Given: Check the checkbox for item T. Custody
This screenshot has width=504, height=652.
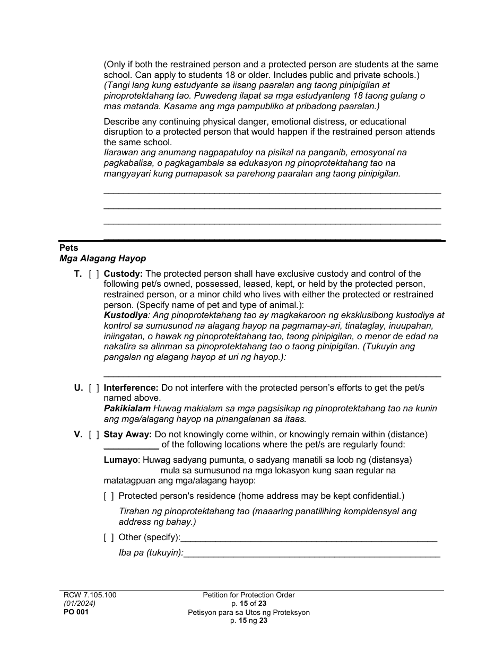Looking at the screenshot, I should click(x=94, y=274).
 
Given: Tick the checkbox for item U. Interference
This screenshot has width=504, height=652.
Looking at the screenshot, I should click(x=94, y=388).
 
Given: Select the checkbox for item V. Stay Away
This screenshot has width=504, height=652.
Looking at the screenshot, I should click(x=94, y=435).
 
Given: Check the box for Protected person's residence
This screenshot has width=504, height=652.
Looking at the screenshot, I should click(x=109, y=496).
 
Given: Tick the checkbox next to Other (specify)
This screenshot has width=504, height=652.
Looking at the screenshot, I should click(x=109, y=538).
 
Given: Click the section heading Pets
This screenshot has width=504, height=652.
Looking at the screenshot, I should click(x=68, y=248).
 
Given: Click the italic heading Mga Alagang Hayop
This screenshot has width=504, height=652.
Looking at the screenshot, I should click(x=102, y=259).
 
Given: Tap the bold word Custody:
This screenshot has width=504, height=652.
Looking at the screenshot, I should click(x=123, y=274).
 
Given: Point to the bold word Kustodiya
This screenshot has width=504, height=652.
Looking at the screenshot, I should click(x=125, y=315).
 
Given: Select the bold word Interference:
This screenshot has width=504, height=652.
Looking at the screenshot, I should click(x=131, y=388).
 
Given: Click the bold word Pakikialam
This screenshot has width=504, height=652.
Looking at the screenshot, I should click(x=127, y=409).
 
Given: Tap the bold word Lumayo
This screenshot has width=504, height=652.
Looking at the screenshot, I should click(x=121, y=460).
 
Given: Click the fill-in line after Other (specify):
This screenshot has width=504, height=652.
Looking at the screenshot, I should click(x=309, y=540).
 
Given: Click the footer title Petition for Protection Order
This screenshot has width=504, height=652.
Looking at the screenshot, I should click(x=248, y=595).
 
